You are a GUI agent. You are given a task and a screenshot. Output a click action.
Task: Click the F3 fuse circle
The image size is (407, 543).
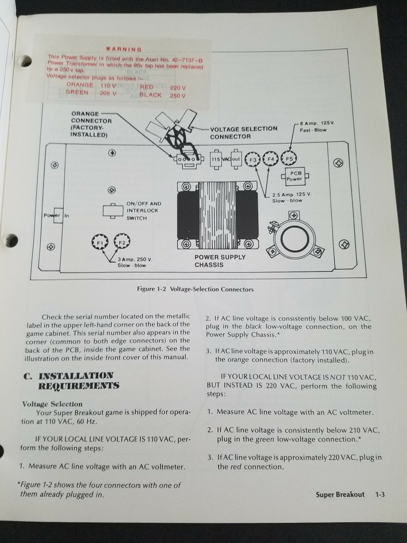click(252, 160)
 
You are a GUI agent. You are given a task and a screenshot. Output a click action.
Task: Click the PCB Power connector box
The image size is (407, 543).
click(295, 175)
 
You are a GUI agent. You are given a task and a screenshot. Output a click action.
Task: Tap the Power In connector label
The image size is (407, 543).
click(56, 216)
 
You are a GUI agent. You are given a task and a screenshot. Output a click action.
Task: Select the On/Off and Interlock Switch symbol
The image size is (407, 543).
click(113, 211)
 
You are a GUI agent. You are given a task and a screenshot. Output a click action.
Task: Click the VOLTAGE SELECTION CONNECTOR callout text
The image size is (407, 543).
click(244, 132)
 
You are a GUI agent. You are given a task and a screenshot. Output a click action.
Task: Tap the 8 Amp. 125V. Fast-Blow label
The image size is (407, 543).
click(317, 128)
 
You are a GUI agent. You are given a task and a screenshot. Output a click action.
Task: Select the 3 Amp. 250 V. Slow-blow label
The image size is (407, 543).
click(132, 262)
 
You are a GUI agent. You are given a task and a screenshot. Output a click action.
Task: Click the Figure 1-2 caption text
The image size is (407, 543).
click(196, 289)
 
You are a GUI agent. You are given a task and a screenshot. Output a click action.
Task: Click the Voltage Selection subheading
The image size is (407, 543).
click(52, 404)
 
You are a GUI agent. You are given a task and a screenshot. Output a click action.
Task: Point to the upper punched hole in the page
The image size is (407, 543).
click(26, 61)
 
